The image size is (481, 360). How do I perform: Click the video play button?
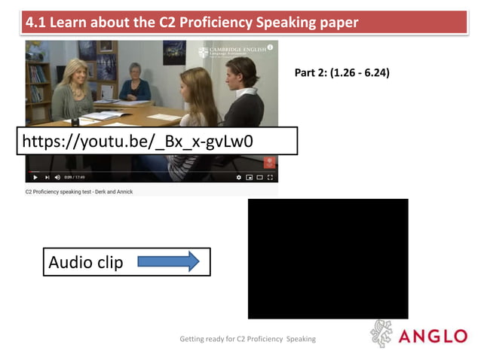pos(35,178)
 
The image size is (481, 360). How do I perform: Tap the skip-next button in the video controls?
pos(47,178)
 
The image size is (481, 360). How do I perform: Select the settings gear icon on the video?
pos(239,178)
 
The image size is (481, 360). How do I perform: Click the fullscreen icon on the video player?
pos(271,178)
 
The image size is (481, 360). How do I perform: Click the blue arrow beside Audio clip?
pos(169,261)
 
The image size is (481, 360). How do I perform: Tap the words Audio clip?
pos(85,262)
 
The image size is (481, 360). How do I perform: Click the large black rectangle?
pos(327,258)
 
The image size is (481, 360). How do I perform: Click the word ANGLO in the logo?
pos(433,336)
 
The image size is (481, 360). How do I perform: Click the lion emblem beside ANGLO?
pos(381,334)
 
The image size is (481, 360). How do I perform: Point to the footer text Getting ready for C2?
pos(247,339)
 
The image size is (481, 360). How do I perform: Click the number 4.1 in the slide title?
pos(35,23)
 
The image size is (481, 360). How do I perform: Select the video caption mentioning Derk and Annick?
pos(78,192)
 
